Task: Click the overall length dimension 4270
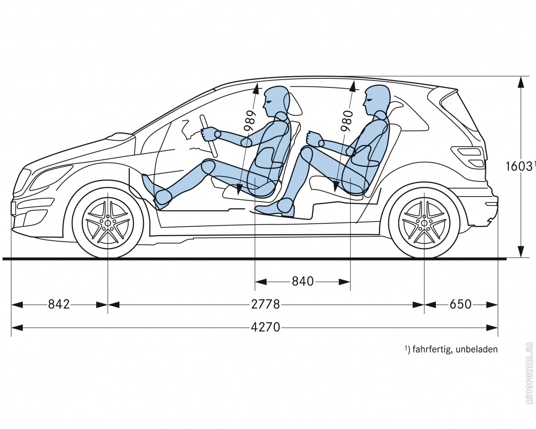coord(265,327)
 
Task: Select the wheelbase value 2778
coord(265,304)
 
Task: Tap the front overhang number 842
coord(59,304)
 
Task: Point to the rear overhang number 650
coord(461,304)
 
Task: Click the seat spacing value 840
coord(302,282)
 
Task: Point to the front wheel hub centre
coord(108,222)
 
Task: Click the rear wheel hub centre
coord(424,222)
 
